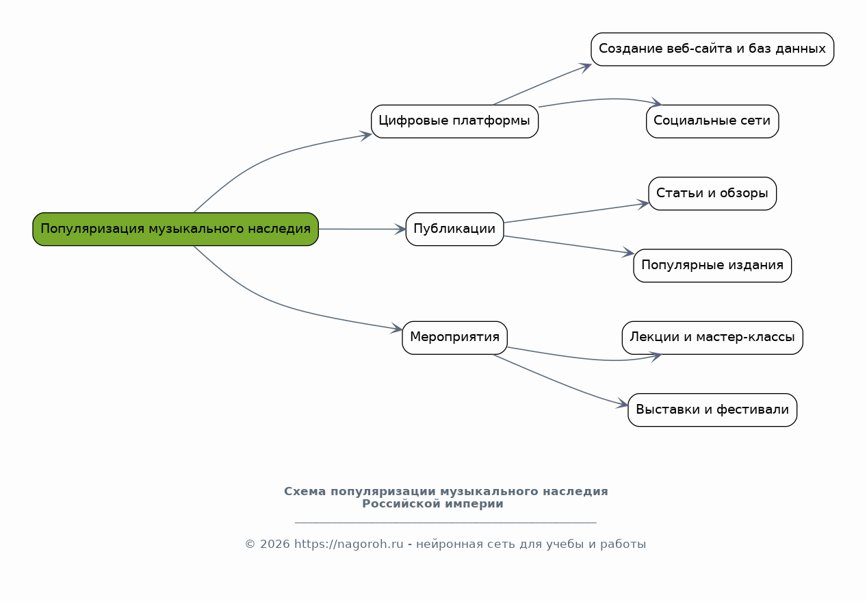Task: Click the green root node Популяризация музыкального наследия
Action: tap(175, 229)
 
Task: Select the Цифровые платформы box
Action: tap(454, 121)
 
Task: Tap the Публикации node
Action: tap(454, 229)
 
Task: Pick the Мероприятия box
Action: tap(454, 338)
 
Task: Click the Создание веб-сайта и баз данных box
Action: tap(712, 49)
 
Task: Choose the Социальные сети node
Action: tap(712, 121)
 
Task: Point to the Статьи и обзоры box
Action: tap(712, 193)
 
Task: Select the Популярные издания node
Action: tap(712, 265)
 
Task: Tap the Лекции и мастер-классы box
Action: tap(712, 338)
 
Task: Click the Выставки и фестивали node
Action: tap(712, 410)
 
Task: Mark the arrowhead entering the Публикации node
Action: tap(400, 229)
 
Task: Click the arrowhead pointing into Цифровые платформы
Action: tap(366, 136)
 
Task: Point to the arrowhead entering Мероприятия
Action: tap(396, 329)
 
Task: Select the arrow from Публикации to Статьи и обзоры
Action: tap(576, 213)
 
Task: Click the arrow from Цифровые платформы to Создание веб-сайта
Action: tap(542, 84)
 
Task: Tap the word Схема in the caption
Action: tap(305, 491)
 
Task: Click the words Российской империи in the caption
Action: tap(432, 503)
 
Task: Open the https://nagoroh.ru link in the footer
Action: tap(349, 544)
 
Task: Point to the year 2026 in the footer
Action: tap(275, 544)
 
